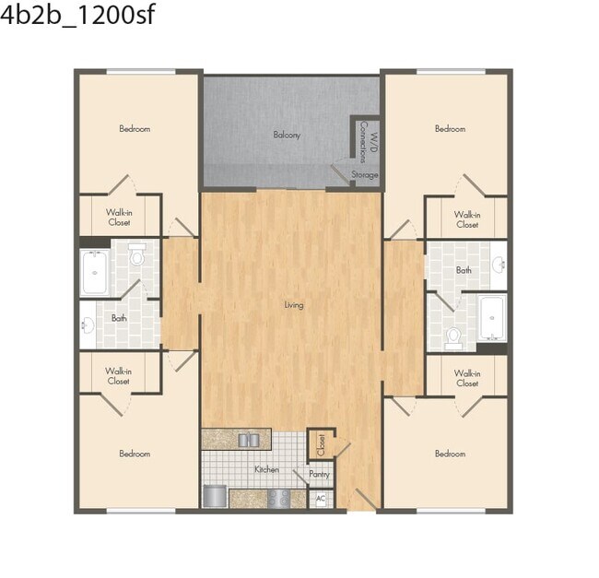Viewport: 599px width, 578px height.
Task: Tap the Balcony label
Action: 287,135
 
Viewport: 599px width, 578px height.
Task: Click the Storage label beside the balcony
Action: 365,174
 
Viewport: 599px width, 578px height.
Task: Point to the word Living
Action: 293,304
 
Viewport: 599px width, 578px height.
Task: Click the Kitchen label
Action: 266,469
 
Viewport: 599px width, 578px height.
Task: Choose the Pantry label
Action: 319,475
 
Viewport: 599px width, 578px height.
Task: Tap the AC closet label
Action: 321,499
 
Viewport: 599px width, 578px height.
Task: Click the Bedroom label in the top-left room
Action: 135,129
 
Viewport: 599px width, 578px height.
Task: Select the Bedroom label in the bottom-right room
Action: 450,454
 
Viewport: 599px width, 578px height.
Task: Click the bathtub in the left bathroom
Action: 95,271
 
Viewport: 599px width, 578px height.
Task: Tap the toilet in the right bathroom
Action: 452,337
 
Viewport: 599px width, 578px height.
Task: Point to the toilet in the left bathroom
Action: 137,254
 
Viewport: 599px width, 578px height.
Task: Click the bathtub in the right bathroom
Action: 492,319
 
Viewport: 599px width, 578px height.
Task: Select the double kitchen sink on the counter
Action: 248,440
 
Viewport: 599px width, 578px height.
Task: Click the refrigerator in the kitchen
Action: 214,497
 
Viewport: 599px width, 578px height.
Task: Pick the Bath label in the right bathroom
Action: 464,270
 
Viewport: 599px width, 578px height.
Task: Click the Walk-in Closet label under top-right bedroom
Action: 467,219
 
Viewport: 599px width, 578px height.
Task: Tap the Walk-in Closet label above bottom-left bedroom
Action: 118,376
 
